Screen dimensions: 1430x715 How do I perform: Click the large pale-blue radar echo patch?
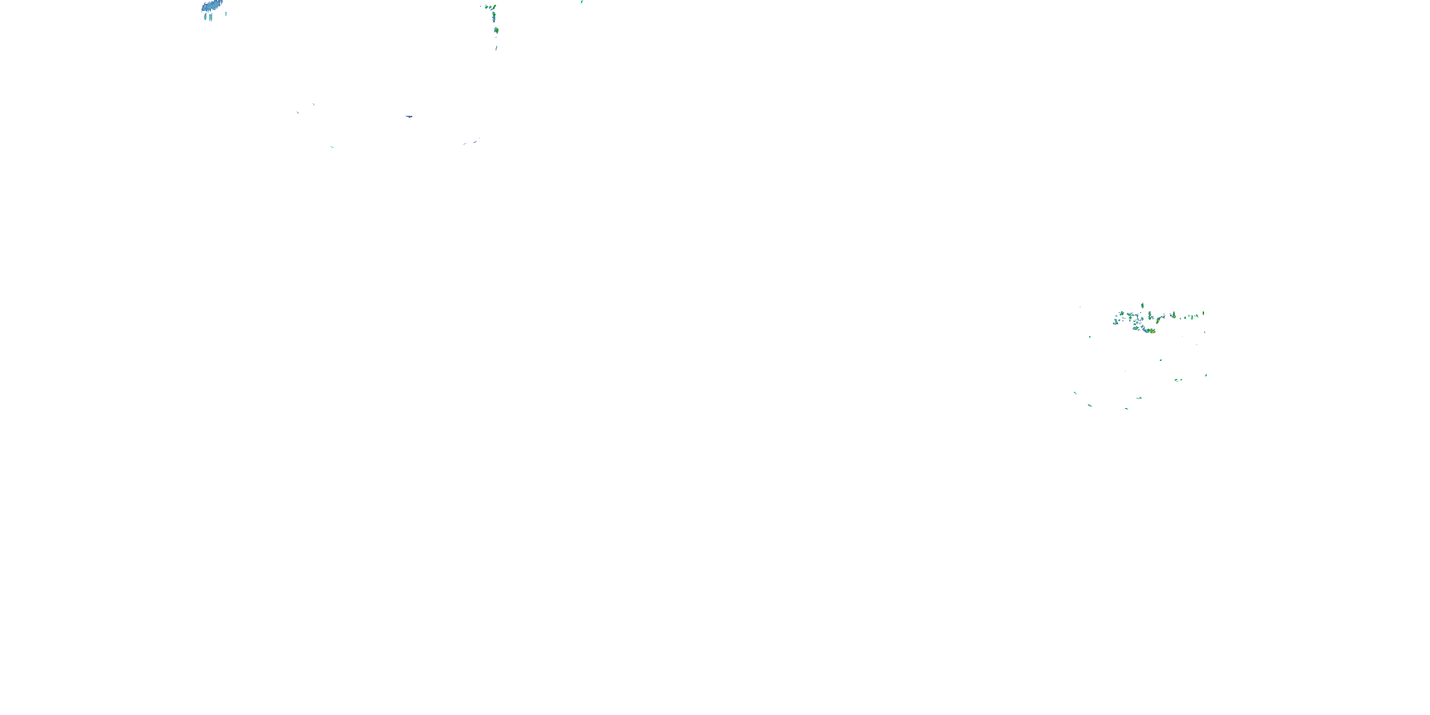212,6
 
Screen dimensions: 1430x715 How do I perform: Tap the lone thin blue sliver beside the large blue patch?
226,14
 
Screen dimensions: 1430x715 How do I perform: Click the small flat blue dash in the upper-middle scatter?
409,117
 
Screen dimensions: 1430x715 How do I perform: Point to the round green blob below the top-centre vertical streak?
496,30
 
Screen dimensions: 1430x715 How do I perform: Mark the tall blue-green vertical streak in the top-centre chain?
494,17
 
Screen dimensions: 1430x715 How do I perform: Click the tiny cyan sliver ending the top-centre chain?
496,48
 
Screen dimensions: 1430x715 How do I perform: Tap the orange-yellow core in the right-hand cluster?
1153,331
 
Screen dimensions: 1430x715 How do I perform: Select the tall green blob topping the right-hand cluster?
1143,306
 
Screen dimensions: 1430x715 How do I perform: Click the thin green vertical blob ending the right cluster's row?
1204,314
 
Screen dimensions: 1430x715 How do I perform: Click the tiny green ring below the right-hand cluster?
1161,360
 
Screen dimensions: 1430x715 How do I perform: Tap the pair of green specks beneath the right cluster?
1178,380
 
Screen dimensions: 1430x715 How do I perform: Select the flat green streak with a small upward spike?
1139,398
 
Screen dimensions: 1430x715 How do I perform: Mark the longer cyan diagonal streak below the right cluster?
1090,405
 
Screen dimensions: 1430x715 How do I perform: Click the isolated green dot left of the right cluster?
1090,337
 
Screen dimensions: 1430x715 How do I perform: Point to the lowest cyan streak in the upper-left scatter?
332,147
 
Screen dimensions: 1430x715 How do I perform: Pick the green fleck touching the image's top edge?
582,1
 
